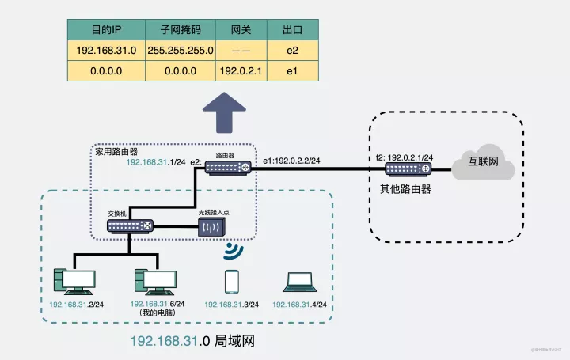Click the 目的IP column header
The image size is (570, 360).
click(106, 30)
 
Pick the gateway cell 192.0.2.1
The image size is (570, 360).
click(240, 70)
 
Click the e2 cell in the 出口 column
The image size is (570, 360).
click(292, 50)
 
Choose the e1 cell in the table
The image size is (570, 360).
click(292, 70)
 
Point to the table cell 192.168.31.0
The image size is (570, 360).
click(106, 50)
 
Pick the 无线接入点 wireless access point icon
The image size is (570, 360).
click(212, 228)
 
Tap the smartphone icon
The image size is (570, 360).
click(232, 282)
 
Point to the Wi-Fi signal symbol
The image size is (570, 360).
click(232, 252)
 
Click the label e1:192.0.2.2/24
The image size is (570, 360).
click(292, 161)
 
